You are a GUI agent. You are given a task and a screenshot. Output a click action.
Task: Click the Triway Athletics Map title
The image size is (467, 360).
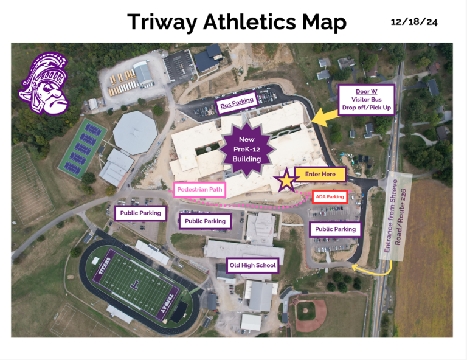(x=237, y=22)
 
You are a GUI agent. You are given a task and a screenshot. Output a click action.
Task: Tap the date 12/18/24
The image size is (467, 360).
(x=414, y=22)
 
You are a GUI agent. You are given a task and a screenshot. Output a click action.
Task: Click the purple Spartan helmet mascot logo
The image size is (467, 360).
(x=43, y=84)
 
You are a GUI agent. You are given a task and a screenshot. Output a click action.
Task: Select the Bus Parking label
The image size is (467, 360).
(x=237, y=105)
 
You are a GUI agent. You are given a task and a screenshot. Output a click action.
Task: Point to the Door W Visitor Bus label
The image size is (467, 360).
(x=367, y=99)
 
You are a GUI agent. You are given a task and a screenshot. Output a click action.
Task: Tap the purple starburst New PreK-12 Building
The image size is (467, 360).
(x=246, y=149)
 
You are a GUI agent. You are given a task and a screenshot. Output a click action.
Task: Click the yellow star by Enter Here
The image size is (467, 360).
(x=285, y=181)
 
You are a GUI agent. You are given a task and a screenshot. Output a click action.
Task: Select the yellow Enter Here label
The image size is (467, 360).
(x=320, y=175)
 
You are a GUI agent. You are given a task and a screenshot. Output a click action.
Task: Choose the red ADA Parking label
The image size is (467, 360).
(x=330, y=197)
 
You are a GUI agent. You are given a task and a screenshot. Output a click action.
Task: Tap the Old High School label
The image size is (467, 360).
(x=252, y=265)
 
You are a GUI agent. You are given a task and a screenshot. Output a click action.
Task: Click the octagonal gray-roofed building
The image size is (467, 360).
(x=134, y=132)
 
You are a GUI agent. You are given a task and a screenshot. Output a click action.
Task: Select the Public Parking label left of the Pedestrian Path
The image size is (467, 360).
(x=140, y=213)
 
